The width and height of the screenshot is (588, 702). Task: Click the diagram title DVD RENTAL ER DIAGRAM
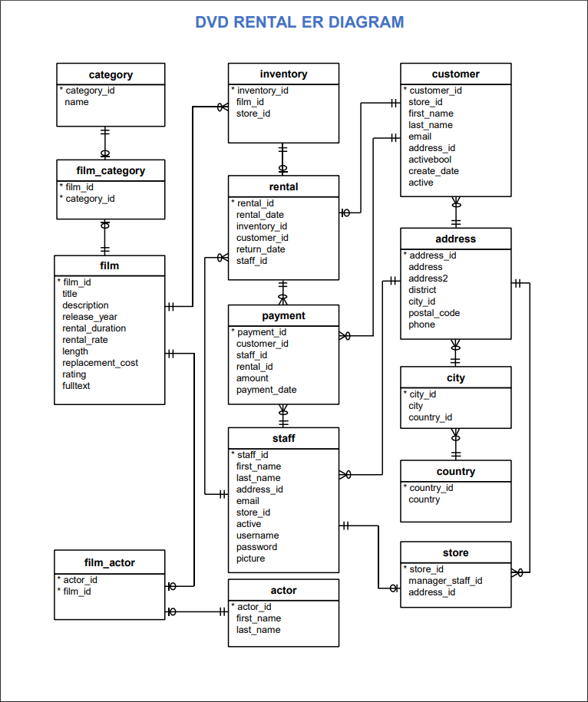coord(299,22)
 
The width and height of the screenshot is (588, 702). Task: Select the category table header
coord(111,74)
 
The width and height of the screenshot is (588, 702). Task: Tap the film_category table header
coord(111,170)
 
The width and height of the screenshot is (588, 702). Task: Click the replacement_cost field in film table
coord(100,363)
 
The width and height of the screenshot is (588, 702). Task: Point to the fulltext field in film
coord(76,386)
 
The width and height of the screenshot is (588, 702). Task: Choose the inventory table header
coord(283,74)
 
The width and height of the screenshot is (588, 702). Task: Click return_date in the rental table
coord(260,249)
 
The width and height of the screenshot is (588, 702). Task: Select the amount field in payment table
coord(252,378)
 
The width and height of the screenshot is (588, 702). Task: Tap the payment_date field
coord(266,390)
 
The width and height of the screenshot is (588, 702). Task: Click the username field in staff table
coord(257,536)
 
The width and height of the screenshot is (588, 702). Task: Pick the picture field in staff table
coord(250,559)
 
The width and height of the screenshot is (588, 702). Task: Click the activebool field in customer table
coord(430,160)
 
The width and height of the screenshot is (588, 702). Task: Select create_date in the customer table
coord(433,171)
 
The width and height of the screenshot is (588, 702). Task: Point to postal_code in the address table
coord(434,313)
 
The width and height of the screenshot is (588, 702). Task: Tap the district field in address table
coord(422,290)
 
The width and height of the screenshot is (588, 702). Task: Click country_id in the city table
coord(430,417)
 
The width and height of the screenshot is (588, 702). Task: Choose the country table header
coord(455,471)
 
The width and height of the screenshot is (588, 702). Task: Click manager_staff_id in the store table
coord(444,581)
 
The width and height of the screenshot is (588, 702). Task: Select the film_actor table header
coord(109,562)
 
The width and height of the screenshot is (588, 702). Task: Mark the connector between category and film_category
coord(105,143)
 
